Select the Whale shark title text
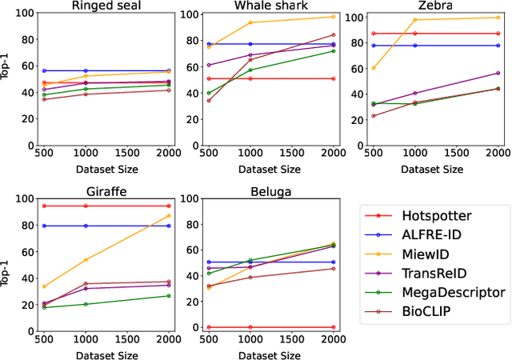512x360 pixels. (x=254, y=6)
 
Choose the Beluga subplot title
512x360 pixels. (x=254, y=191)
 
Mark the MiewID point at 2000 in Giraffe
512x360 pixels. (x=169, y=216)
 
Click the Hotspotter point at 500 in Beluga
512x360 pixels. (x=209, y=327)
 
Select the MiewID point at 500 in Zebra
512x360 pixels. (x=374, y=68)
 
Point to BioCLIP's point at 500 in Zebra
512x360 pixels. (x=374, y=116)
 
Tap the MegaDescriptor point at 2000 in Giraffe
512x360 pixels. (x=169, y=296)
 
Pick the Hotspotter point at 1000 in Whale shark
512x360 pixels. (x=250, y=78)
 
